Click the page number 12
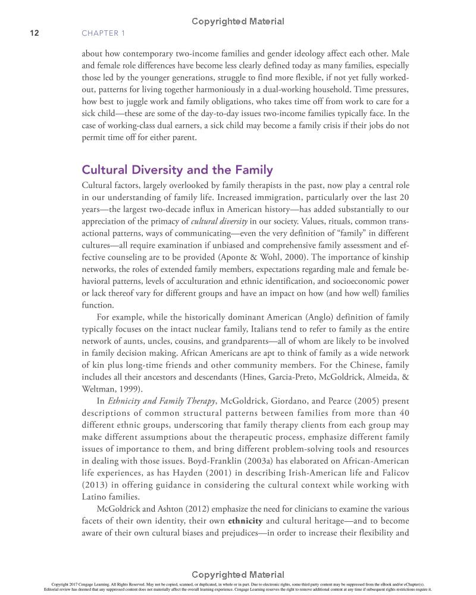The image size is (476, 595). [x=34, y=33]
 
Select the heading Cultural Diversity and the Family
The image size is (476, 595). [x=177, y=170]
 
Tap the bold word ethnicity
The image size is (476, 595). [x=245, y=521]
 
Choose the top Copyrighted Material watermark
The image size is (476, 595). [x=238, y=21]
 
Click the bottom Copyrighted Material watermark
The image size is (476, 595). [x=238, y=575]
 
